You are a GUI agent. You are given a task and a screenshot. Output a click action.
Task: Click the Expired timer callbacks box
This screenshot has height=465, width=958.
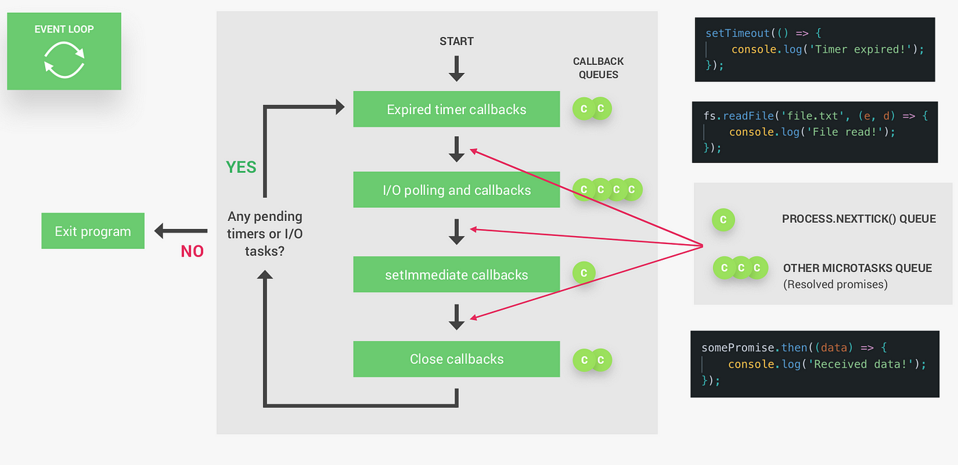[456, 109]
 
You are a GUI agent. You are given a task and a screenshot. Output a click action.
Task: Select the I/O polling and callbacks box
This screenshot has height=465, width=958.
[456, 190]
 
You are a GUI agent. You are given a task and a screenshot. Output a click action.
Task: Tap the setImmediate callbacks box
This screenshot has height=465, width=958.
[456, 274]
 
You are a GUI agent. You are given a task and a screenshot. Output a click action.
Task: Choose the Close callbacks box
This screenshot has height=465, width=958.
[456, 359]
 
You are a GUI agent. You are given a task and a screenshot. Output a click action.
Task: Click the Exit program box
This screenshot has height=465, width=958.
[93, 231]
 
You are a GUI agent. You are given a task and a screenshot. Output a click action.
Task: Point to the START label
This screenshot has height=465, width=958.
[456, 42]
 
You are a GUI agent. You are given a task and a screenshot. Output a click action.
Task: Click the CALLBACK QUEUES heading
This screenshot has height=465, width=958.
[598, 68]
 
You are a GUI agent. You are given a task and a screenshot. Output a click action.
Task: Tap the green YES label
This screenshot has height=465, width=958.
[241, 167]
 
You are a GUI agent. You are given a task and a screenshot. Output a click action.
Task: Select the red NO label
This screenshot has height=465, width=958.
[192, 252]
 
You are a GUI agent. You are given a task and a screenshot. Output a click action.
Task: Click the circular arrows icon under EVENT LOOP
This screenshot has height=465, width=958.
[64, 60]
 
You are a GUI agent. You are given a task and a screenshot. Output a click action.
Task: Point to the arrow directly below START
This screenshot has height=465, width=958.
[456, 68]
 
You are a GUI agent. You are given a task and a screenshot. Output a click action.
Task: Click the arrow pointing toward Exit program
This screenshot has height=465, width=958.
[181, 231]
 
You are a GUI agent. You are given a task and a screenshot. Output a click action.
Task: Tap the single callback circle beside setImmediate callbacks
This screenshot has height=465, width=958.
[584, 273]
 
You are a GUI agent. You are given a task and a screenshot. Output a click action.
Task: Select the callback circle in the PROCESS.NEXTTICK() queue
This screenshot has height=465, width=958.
[723, 220]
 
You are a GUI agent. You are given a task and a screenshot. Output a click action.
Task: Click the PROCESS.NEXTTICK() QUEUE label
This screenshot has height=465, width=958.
[859, 219]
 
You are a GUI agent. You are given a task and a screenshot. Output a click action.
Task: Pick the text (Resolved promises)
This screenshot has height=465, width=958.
[836, 284]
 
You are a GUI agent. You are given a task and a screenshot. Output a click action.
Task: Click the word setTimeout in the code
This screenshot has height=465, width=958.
[738, 34]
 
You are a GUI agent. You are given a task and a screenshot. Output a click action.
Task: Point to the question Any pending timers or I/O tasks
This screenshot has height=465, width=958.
[265, 233]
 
